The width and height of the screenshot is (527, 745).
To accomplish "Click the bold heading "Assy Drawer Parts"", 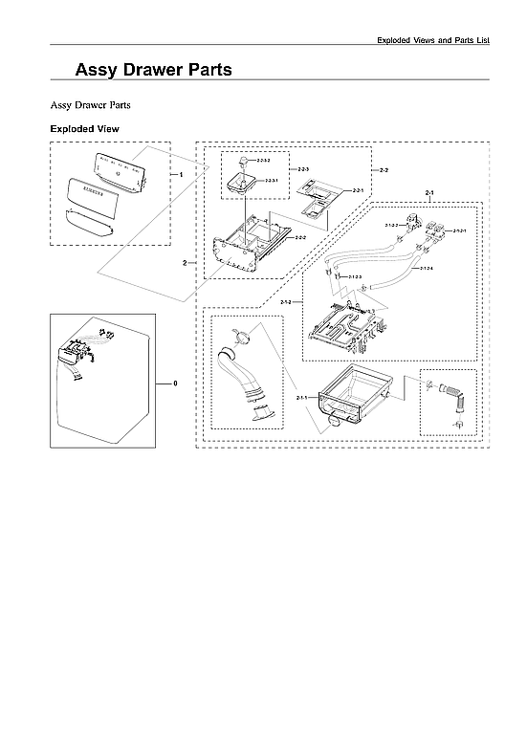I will tap(153, 70).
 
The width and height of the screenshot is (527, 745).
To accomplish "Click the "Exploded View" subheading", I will tap(84, 129).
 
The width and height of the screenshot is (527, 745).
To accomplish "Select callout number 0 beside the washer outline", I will tap(175, 383).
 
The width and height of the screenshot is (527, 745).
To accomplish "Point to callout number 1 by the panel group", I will tap(181, 175).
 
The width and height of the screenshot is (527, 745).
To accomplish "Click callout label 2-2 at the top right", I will tap(384, 170).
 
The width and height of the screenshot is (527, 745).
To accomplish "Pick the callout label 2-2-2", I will tap(300, 236).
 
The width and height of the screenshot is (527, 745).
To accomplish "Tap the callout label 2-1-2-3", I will tap(355, 277).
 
